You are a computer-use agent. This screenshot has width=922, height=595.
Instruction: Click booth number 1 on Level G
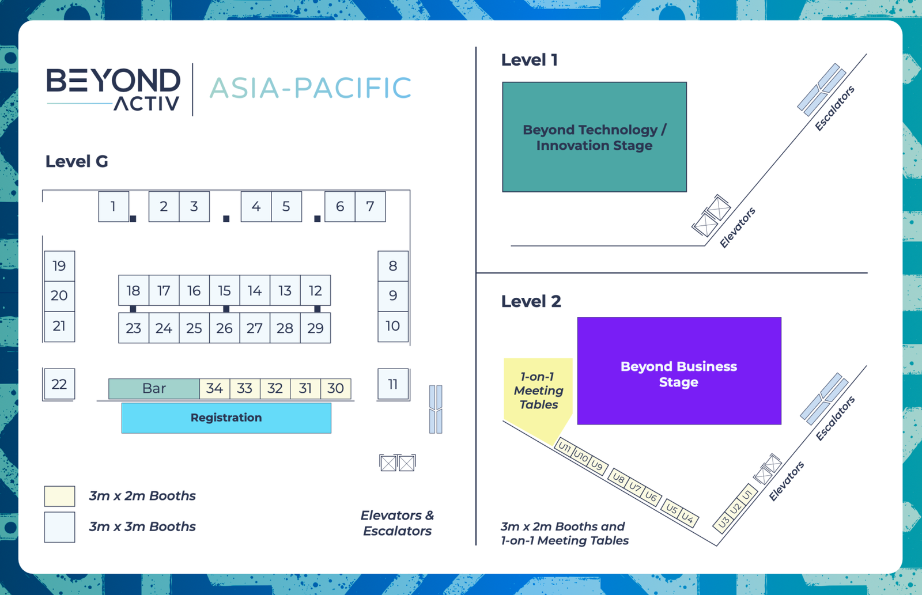point(113,207)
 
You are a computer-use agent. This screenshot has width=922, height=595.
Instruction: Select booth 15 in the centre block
point(224,291)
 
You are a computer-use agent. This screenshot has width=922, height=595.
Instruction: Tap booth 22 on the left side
point(59,384)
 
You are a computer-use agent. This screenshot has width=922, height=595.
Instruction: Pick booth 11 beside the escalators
point(393,384)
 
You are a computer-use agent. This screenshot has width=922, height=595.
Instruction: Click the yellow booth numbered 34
point(215,389)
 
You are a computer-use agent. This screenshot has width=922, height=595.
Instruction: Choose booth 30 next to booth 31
point(335,389)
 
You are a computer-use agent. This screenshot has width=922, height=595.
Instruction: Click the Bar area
point(154,389)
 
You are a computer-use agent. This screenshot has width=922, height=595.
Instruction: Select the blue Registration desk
point(226,418)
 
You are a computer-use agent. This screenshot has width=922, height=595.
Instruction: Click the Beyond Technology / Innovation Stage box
point(594,137)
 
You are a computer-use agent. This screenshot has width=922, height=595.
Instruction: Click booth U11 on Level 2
point(564,448)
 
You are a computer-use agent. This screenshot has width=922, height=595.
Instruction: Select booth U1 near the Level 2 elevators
point(747,494)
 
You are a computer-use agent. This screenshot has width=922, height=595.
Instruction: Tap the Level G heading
point(77,162)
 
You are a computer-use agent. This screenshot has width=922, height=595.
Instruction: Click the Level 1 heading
point(529,60)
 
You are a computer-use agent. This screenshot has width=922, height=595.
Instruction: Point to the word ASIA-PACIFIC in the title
point(310,88)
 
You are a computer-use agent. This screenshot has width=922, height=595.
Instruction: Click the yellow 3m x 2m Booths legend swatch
point(59,496)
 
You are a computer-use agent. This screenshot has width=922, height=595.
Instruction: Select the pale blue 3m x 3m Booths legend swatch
point(59,527)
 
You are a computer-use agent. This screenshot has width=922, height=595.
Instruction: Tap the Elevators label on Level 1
point(737,228)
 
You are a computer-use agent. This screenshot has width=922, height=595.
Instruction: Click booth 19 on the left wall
point(59,266)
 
